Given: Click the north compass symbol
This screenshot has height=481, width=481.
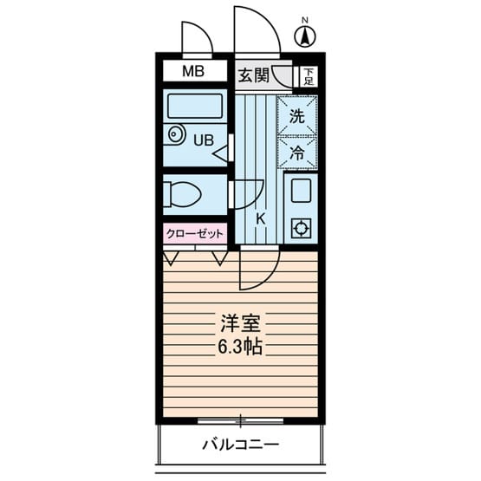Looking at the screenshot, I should click(x=305, y=36).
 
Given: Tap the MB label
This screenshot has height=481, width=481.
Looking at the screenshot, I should click(x=192, y=72).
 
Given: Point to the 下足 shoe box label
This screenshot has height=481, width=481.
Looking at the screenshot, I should click(x=308, y=77).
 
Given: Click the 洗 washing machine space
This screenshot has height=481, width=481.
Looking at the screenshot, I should click(x=296, y=117).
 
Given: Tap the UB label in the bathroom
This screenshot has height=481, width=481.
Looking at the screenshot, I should click(x=203, y=139).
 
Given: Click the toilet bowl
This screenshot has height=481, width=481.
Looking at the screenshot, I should click(x=184, y=194).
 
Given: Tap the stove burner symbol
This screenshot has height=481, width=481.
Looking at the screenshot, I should click(x=301, y=229).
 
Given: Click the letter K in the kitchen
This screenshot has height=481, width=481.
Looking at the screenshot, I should click(x=260, y=218).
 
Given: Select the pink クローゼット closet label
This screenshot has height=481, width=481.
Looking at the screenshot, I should click(x=195, y=233).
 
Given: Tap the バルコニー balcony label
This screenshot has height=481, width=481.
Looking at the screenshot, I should click(x=241, y=445).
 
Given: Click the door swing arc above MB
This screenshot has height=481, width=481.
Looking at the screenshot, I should click(x=198, y=36).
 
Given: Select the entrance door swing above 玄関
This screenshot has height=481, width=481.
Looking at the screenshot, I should click(x=257, y=30).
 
